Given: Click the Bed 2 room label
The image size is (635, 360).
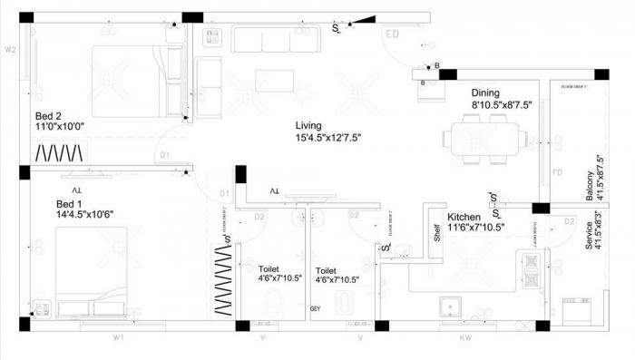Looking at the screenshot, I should click(x=48, y=116).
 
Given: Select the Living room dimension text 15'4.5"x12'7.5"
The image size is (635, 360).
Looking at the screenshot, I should click(x=327, y=138).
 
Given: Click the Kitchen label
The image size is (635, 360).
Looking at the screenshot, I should click(x=464, y=218).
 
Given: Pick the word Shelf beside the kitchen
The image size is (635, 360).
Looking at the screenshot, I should click(x=436, y=231).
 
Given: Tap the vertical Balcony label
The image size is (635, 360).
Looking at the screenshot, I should click(x=589, y=188).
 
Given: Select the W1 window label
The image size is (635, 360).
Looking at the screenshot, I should click(x=118, y=338).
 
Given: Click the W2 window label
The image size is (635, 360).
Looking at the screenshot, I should click(x=11, y=50).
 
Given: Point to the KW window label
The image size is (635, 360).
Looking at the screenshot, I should click(x=465, y=338).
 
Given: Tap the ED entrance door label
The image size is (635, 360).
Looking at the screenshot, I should click(x=393, y=34).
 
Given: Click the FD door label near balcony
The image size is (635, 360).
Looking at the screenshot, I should click(x=557, y=171).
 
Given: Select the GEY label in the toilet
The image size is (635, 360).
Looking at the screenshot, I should click(x=316, y=309).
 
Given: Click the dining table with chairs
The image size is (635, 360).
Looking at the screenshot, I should click(x=483, y=139).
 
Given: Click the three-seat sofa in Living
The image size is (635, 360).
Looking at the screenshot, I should click(x=275, y=40).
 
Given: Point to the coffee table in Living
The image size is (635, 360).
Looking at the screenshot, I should click(x=273, y=81).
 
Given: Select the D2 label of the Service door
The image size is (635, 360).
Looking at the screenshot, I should click(x=570, y=220).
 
